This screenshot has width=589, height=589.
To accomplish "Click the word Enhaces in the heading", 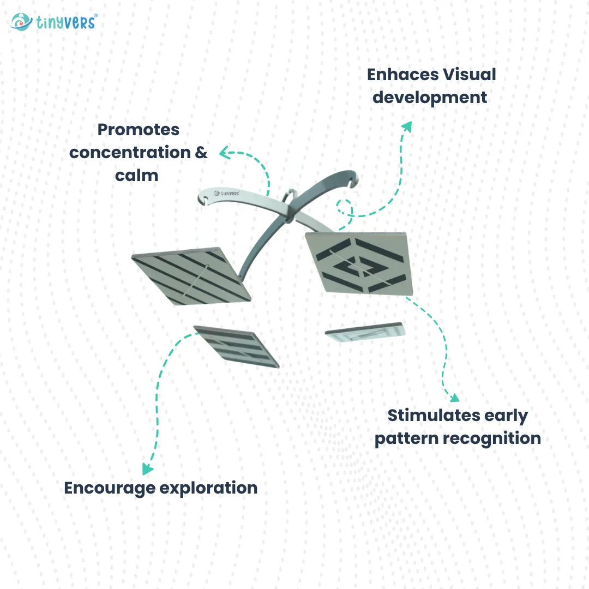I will pos(396,75).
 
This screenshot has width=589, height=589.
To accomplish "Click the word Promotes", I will pos(138,130).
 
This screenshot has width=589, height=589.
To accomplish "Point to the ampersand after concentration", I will pos(201,153).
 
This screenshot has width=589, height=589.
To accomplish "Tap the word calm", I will pos(136,176).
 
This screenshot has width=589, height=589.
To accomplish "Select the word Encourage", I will pos(109,488).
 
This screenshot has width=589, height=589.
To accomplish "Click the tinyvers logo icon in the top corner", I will pos(21,22).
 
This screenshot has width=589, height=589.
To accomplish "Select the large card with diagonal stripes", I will pos(190,277).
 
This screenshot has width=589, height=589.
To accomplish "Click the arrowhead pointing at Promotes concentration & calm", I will pos(223,153).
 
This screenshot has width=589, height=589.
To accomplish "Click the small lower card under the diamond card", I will pos(365,332).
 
